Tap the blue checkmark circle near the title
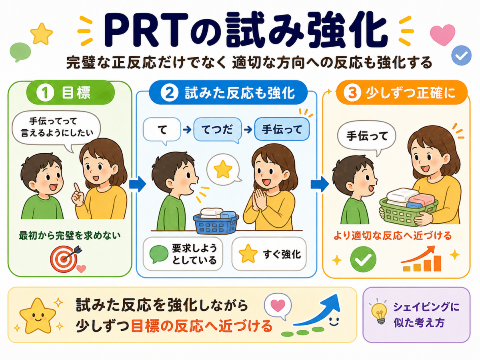(x=462, y=55)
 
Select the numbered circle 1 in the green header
(x=45, y=93)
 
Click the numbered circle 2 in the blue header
(x=169, y=93)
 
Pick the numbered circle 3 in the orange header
(x=352, y=93)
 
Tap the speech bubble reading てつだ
(x=218, y=130)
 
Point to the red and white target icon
(x=64, y=259)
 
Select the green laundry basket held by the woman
(x=408, y=211)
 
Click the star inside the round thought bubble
(x=223, y=169)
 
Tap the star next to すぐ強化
(x=248, y=254)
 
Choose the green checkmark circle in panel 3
(x=363, y=259)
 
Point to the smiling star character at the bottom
(x=37, y=316)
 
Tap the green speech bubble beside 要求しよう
(x=159, y=254)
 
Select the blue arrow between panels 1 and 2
(x=137, y=184)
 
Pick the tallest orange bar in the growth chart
(x=437, y=263)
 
